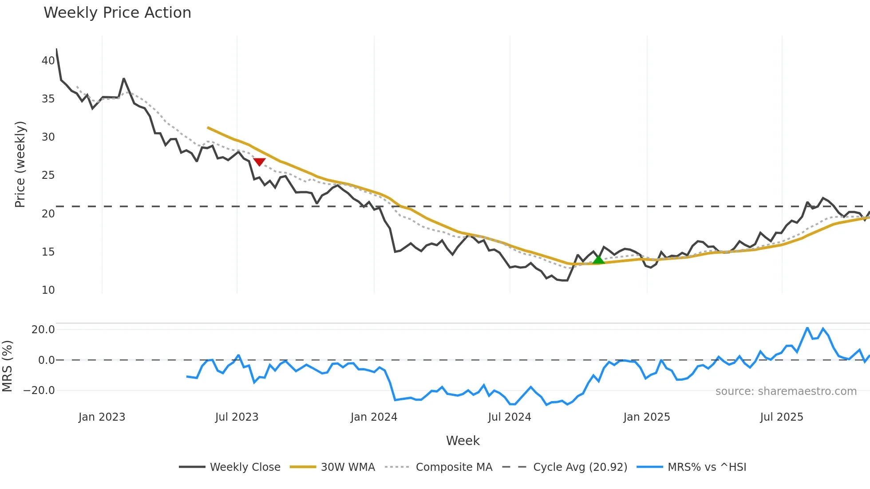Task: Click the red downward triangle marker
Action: tap(259, 162)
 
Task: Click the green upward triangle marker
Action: tap(598, 260)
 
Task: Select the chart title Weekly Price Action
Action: tap(117, 13)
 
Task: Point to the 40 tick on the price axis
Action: tap(48, 61)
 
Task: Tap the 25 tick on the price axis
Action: tap(48, 175)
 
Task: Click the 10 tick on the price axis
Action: tap(48, 290)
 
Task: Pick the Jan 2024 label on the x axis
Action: tap(374, 417)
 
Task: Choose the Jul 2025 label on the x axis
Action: tap(782, 417)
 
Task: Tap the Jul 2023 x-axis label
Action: tap(237, 417)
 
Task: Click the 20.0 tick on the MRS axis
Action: tap(43, 330)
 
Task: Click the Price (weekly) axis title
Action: tap(20, 164)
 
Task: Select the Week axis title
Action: tap(463, 441)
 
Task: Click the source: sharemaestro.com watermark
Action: tap(786, 391)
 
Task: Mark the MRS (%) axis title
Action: tap(7, 366)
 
